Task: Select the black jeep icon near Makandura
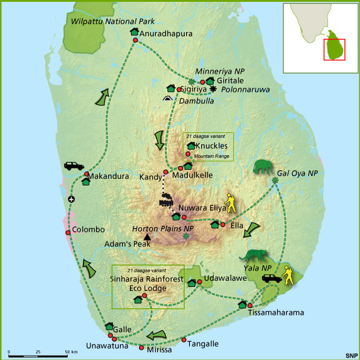73,166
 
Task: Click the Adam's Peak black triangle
147,238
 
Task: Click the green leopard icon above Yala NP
259,256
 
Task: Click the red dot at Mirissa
141,348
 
